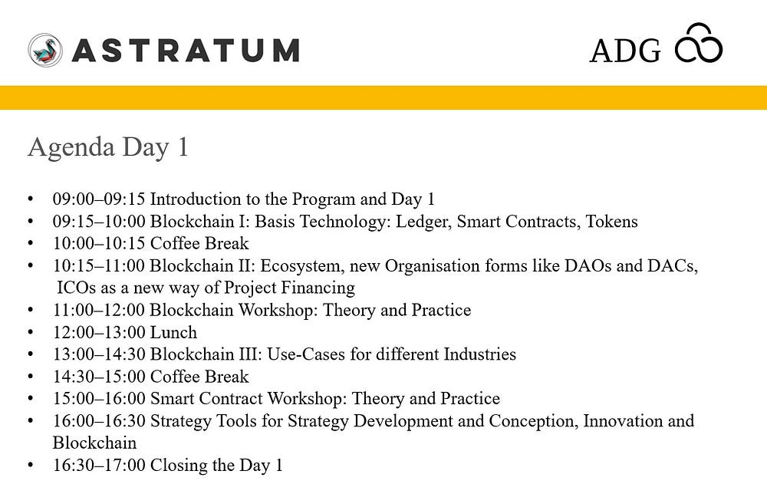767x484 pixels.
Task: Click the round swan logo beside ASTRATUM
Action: [x=45, y=50]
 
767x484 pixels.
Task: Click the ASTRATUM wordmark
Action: [x=186, y=51]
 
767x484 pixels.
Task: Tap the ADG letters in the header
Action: [x=625, y=51]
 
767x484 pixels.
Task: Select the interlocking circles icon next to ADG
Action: [x=699, y=43]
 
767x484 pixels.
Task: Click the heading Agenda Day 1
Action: [x=108, y=147]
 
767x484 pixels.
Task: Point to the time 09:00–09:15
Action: [x=99, y=199]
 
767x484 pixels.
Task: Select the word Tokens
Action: [x=612, y=221]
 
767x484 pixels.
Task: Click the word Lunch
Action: [x=173, y=332]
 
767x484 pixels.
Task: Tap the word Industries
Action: [x=479, y=354]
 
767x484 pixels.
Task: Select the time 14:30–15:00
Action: [x=99, y=377]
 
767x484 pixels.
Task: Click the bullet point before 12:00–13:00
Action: [x=31, y=332]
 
